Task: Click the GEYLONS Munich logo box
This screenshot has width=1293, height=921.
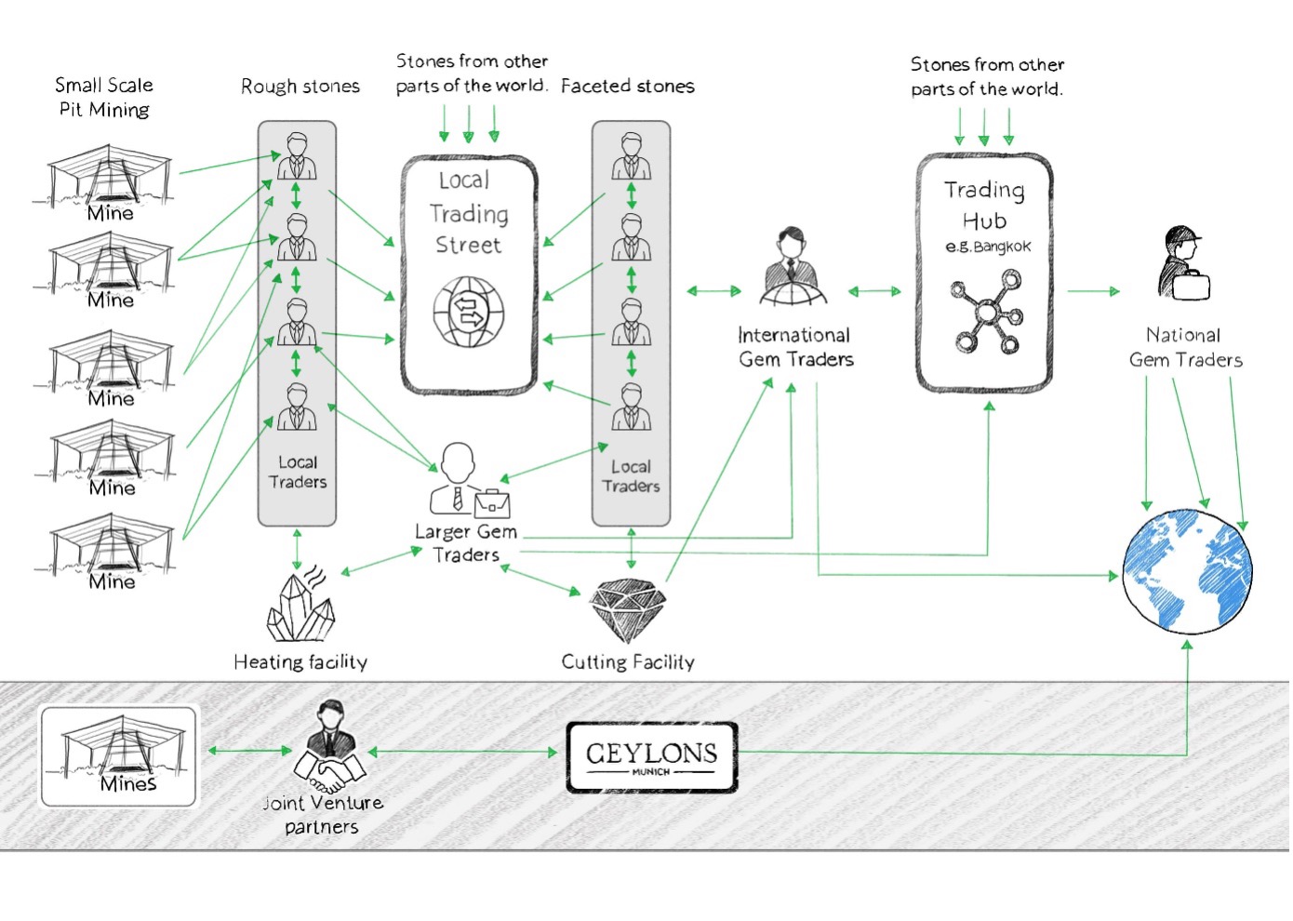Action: (x=651, y=757)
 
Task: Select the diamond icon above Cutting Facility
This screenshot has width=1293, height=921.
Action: (x=628, y=609)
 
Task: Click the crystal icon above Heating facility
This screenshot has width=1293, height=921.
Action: (x=300, y=607)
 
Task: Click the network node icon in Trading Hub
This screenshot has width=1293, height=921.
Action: (x=986, y=311)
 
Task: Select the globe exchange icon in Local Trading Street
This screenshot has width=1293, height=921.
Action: (x=469, y=312)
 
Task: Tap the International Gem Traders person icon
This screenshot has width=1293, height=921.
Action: (x=793, y=268)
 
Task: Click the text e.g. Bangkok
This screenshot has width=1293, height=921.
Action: (x=988, y=247)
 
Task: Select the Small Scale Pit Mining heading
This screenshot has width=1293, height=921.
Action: (x=104, y=97)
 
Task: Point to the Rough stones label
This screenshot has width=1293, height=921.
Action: (x=300, y=87)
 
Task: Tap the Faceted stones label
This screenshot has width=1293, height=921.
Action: (x=627, y=86)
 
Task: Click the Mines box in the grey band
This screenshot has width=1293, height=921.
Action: (x=119, y=755)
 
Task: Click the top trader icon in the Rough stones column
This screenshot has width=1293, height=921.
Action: (x=297, y=155)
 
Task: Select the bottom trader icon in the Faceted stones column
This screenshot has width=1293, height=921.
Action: (x=631, y=407)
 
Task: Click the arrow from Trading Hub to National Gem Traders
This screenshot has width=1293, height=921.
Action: (x=1093, y=291)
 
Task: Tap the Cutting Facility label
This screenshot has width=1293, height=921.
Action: (x=628, y=661)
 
